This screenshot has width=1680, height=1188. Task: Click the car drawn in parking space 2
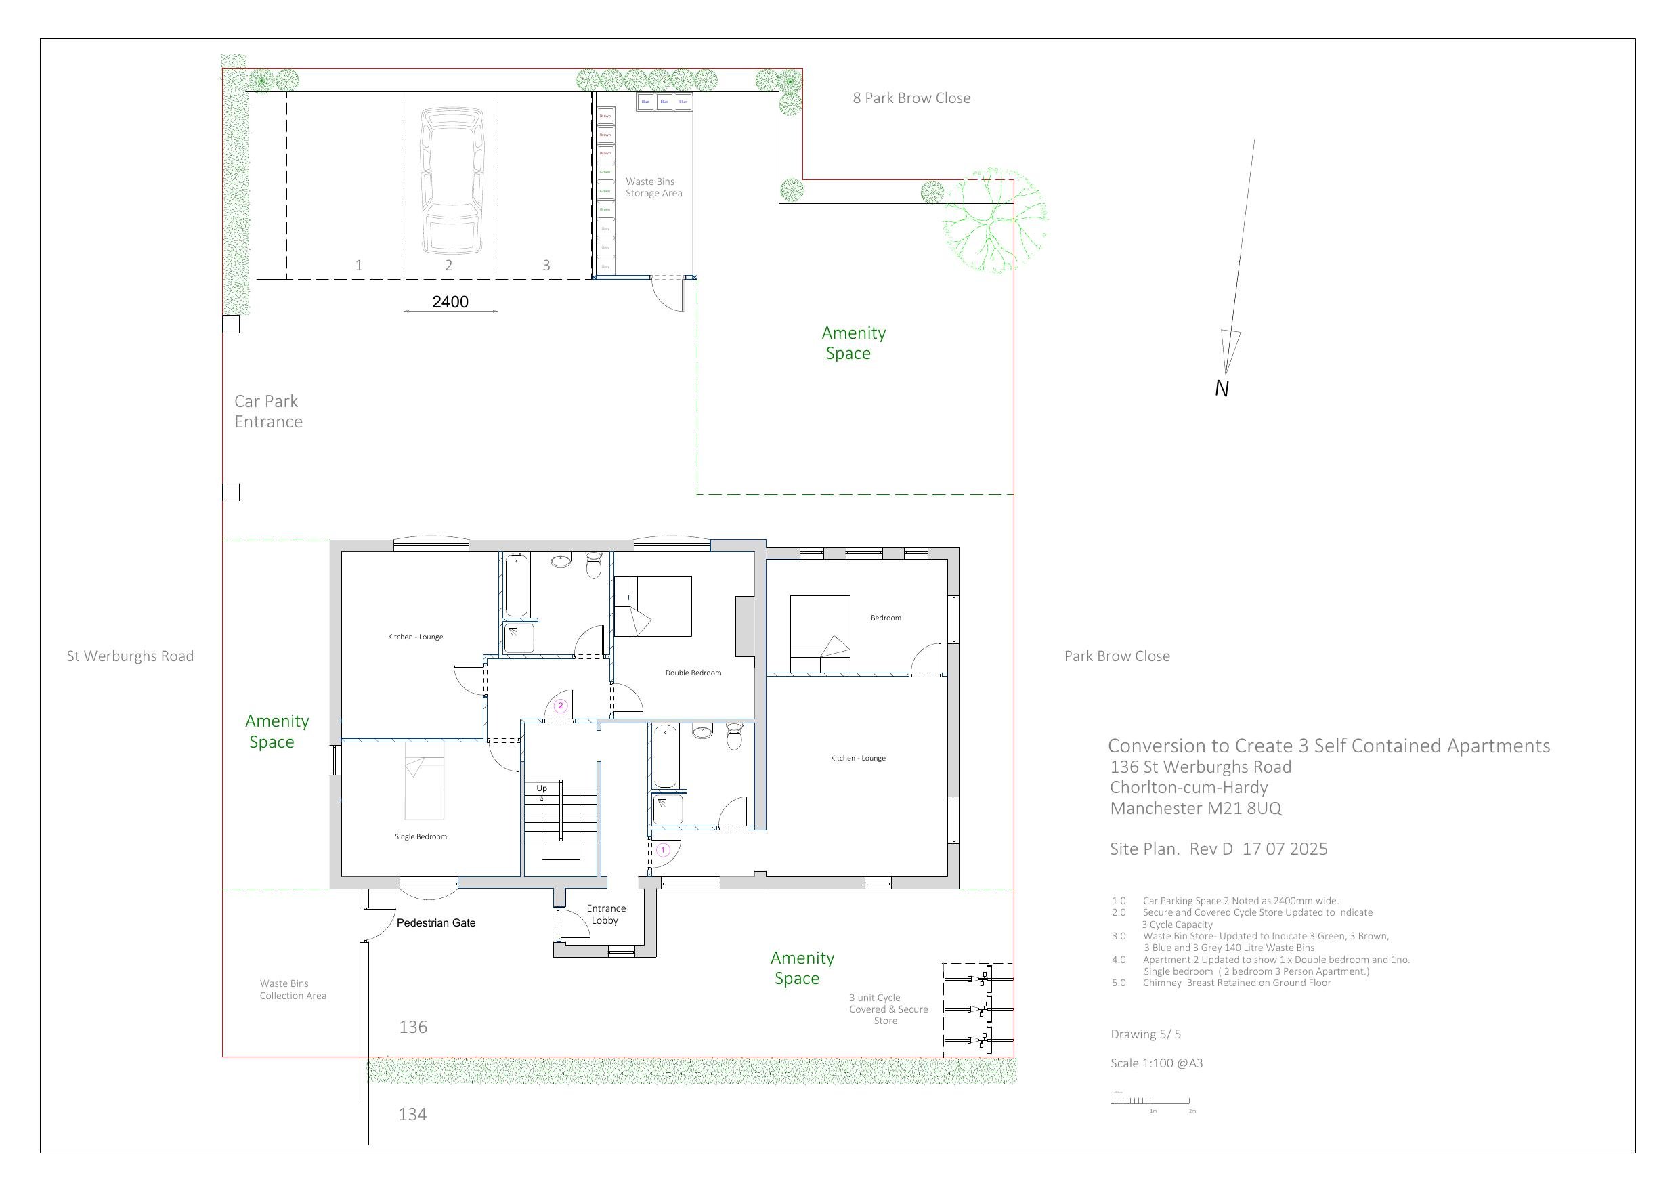[452, 181]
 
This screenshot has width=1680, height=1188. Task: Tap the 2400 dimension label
[450, 301]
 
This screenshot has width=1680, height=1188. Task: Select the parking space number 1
[358, 265]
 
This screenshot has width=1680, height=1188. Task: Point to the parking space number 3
[546, 265]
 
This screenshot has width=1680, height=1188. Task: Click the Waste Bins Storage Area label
[653, 188]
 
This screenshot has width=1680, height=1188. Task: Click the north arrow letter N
[1221, 389]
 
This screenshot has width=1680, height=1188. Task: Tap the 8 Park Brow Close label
[911, 98]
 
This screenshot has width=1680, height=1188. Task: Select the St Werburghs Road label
[130, 656]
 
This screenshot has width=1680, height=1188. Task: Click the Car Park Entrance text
[267, 411]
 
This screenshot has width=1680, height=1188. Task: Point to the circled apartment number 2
[561, 706]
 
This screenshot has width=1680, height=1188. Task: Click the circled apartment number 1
[663, 851]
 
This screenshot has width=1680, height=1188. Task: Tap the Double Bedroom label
[693, 673]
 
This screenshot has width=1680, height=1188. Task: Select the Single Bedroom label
[420, 836]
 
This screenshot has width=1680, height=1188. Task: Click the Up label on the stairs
[542, 788]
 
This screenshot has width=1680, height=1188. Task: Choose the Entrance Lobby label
[605, 914]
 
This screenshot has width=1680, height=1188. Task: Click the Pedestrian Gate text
[435, 923]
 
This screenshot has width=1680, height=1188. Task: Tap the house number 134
[412, 1114]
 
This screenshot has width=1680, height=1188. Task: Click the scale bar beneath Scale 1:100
[1150, 1099]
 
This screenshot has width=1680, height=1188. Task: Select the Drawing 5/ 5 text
[1145, 1034]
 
